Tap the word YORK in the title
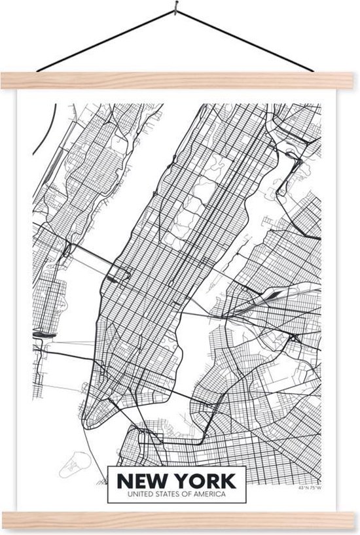point(204,480)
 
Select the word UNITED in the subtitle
point(130,494)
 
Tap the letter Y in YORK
point(183,480)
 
